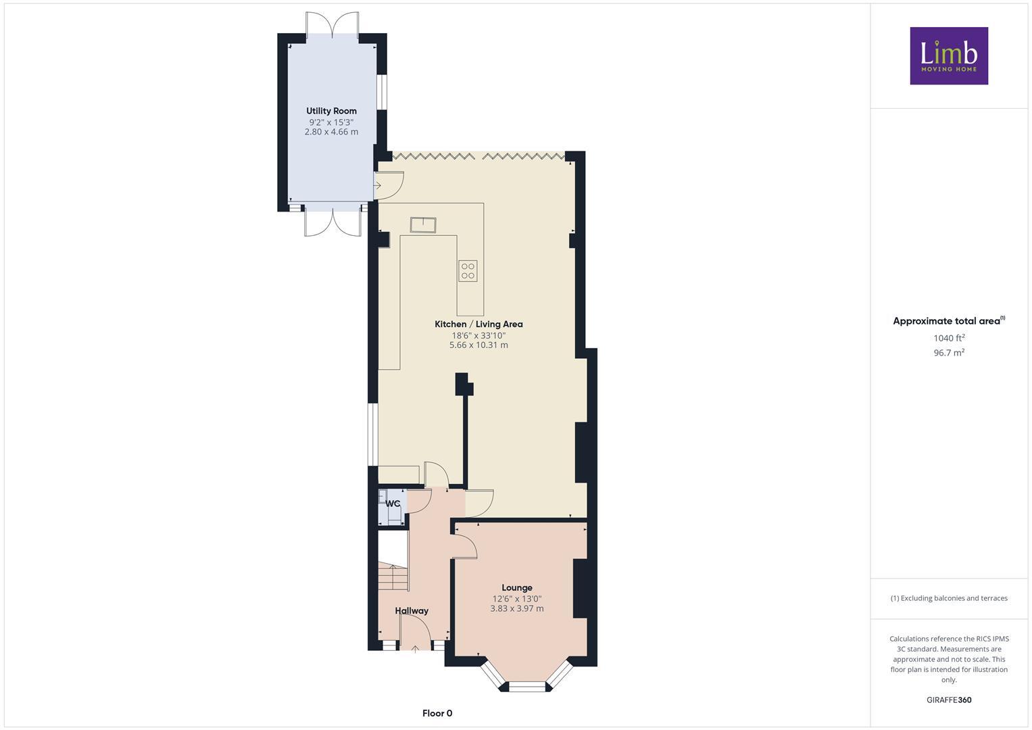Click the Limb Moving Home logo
click(948, 55)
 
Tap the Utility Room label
click(331, 111)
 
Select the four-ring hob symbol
click(468, 271)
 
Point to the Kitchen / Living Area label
click(478, 324)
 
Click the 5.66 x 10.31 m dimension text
click(478, 345)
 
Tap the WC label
click(393, 504)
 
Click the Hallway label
click(412, 611)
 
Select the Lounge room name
click(517, 588)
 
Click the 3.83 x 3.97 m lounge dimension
click(517, 609)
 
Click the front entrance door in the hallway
click(415, 635)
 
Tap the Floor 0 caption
click(437, 713)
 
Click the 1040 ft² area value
click(948, 338)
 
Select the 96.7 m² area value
click(948, 353)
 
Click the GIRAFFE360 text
click(948, 700)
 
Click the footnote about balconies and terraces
click(948, 598)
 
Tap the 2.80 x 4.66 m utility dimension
click(331, 132)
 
